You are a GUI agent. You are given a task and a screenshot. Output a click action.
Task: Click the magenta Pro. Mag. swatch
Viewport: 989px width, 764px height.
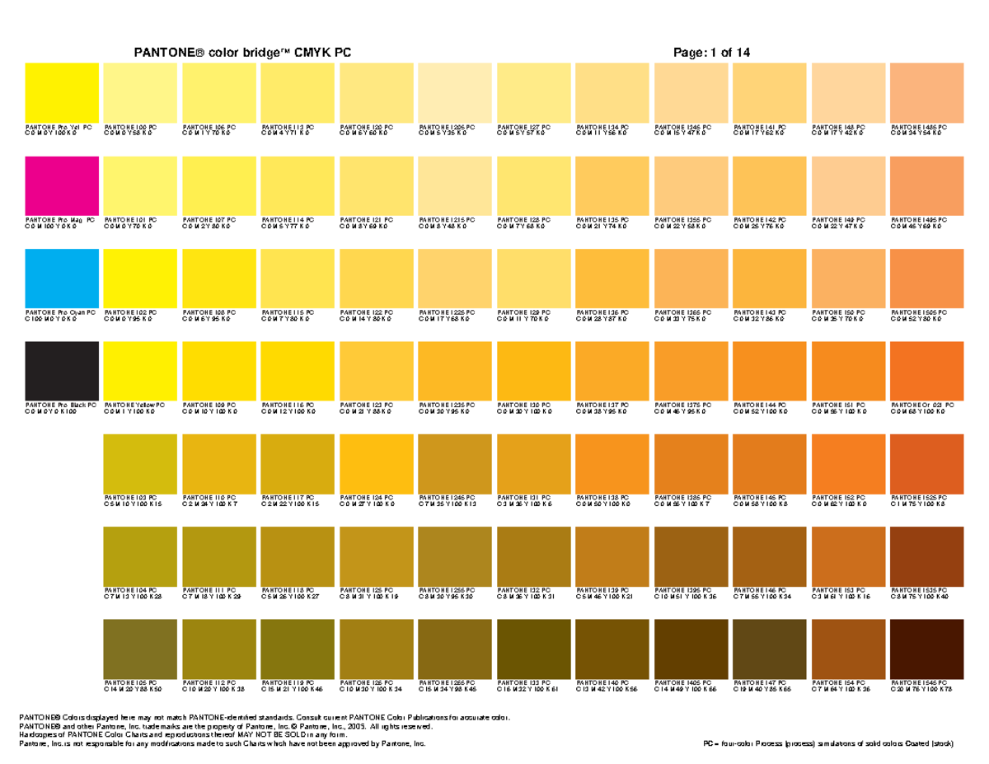point(62,185)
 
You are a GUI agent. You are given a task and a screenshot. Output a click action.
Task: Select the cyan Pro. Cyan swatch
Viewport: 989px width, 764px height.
point(62,278)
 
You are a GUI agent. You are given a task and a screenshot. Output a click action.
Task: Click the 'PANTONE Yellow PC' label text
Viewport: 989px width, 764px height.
point(134,405)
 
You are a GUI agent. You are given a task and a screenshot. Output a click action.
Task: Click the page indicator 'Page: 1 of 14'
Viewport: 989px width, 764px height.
point(711,53)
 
